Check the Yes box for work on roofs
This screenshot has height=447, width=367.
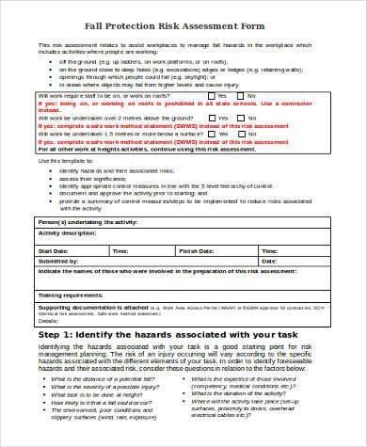[212, 96]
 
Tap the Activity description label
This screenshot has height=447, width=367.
[68, 231]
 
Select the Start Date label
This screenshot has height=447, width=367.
[53, 252]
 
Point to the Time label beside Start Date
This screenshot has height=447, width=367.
[121, 252]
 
